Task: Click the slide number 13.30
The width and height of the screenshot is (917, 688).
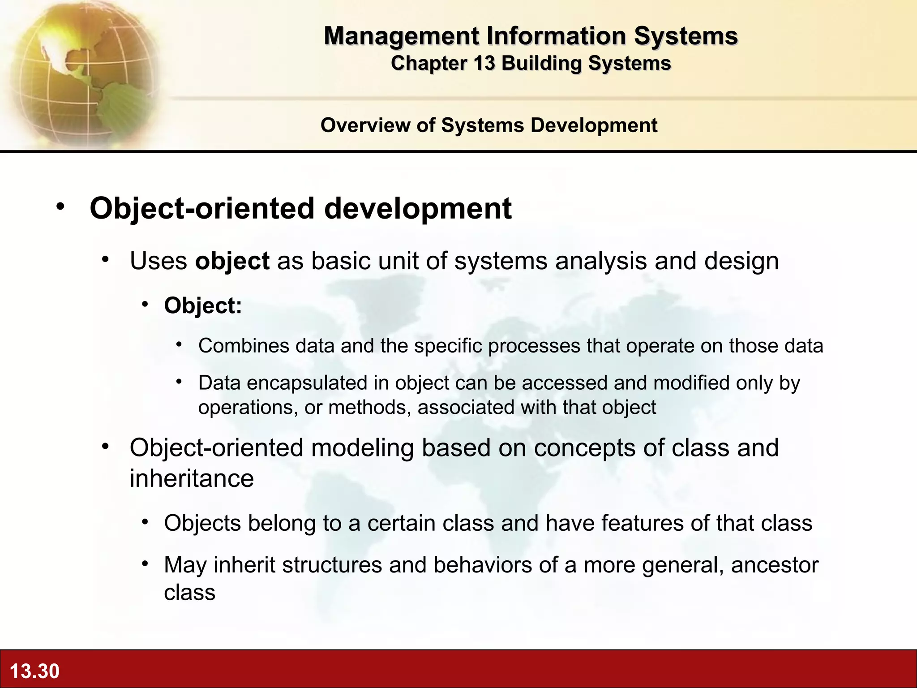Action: [34, 671]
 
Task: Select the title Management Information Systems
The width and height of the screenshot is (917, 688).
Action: [531, 36]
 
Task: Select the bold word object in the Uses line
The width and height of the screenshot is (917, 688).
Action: [232, 261]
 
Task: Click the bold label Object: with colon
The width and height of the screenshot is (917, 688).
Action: [203, 305]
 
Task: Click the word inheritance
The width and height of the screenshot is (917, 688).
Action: [192, 478]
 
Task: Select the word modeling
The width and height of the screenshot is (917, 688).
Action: [362, 448]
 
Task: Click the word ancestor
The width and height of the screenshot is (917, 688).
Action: [775, 565]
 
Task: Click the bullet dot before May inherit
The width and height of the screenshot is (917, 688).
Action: [145, 564]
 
